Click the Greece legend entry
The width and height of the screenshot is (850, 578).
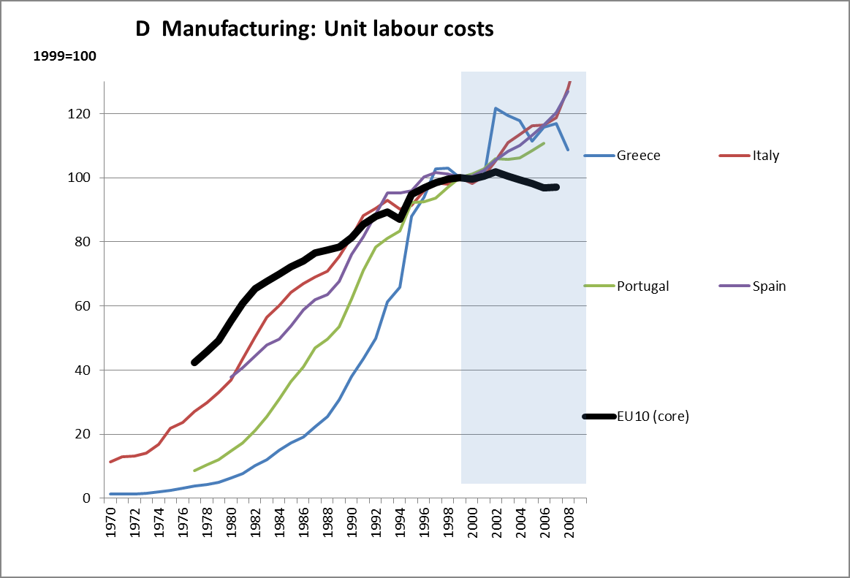[638, 156]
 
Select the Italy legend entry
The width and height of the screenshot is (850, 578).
[765, 156]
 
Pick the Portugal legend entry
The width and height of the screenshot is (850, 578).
[642, 286]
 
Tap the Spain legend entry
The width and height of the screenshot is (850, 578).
[769, 286]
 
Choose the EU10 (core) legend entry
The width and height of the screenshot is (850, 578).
[653, 417]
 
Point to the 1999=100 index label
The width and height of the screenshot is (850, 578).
[65, 56]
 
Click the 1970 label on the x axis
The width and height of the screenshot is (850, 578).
[111, 522]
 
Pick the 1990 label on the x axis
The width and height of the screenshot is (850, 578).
[352, 522]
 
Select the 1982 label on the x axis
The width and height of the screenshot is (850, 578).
[256, 522]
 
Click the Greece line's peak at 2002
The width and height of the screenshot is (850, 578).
[496, 108]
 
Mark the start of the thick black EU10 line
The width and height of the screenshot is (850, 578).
[194, 362]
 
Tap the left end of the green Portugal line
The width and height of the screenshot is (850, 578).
[194, 471]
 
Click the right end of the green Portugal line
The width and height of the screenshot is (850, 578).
[544, 143]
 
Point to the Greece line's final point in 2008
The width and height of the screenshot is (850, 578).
[569, 150]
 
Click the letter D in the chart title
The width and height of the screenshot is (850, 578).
[143, 28]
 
